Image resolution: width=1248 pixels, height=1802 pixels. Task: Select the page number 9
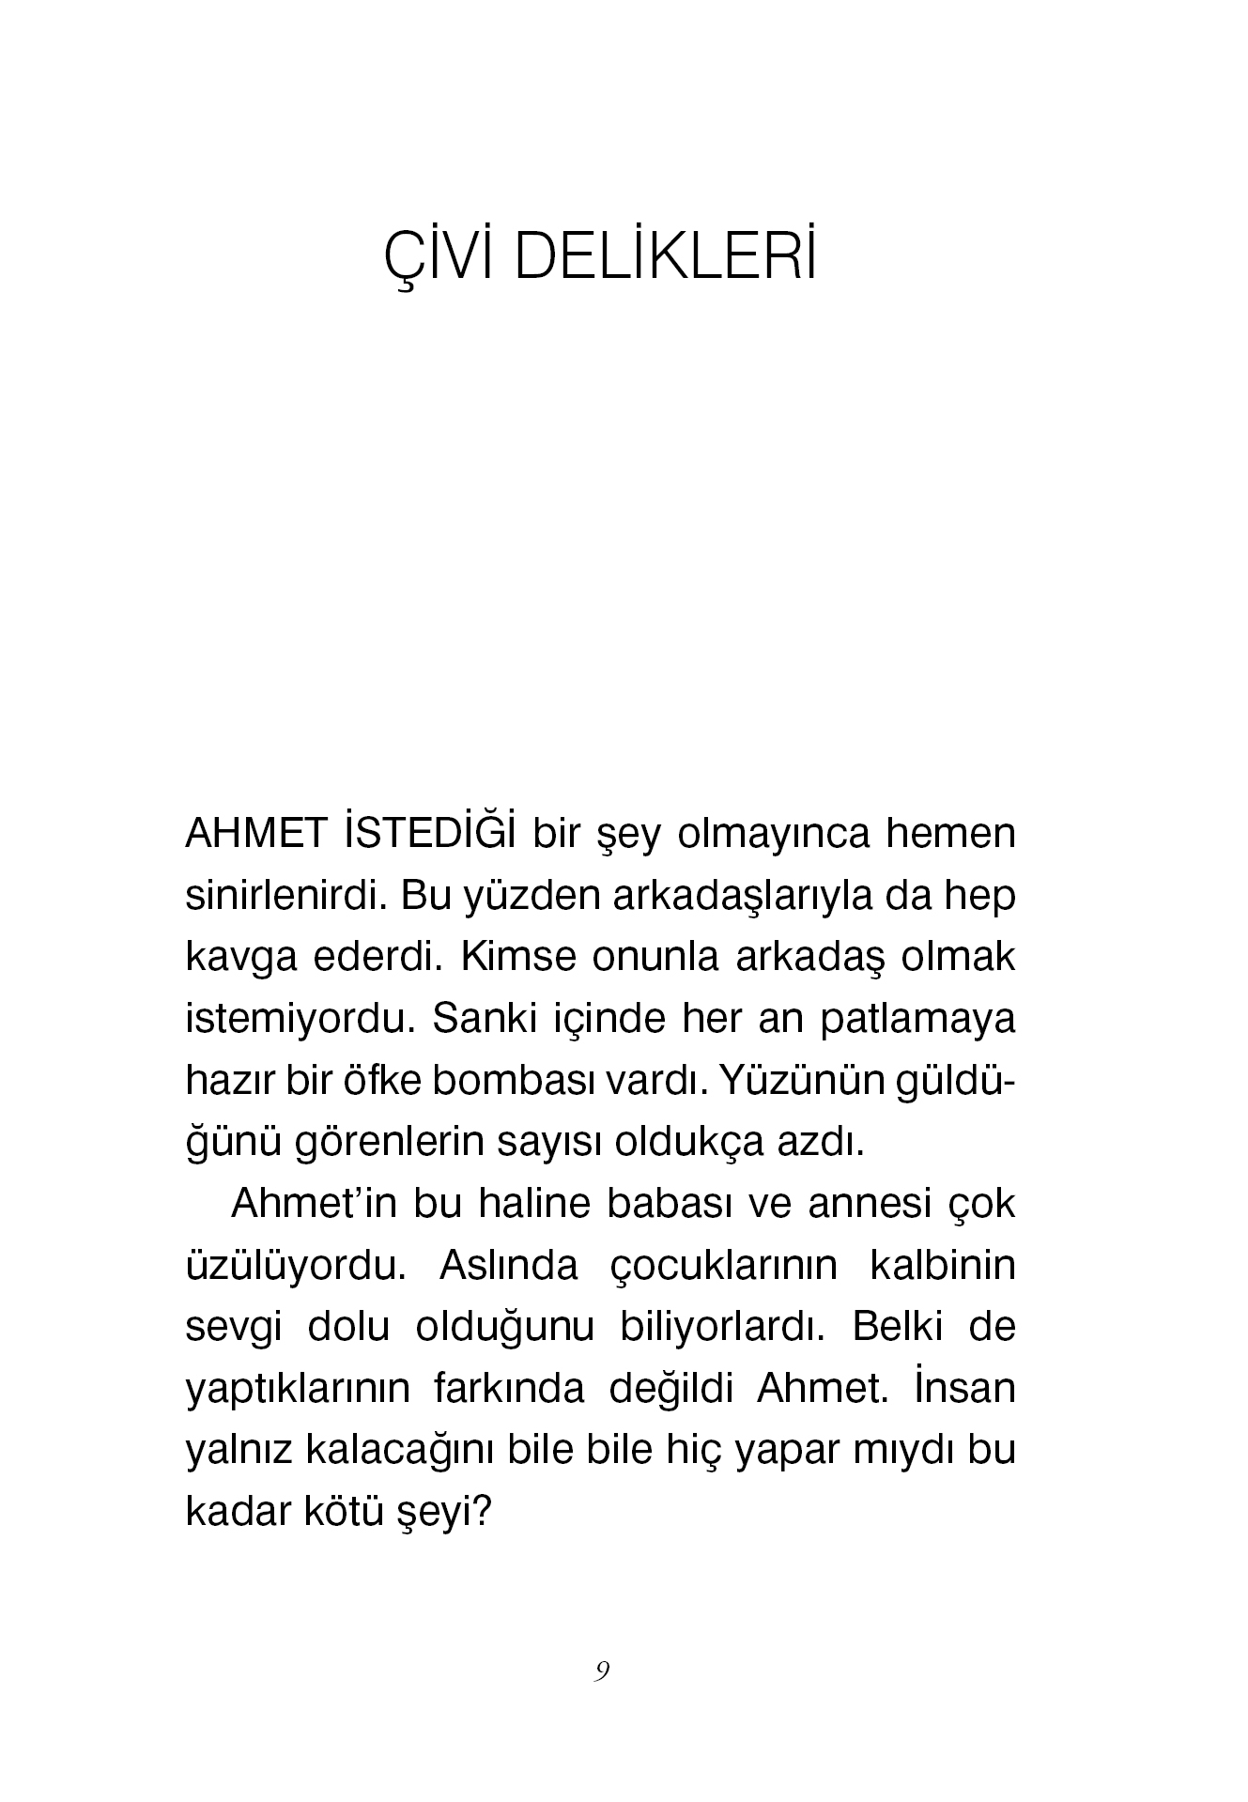[x=602, y=1671]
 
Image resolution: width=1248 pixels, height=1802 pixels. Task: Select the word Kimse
[x=511, y=958]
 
